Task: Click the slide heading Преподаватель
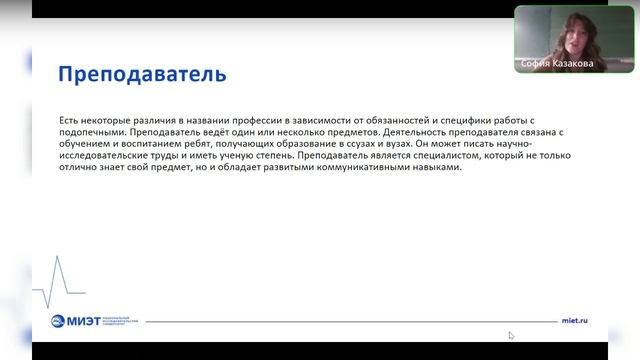coord(142,74)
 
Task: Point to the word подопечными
coord(90,131)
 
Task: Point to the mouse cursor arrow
coord(511,336)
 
